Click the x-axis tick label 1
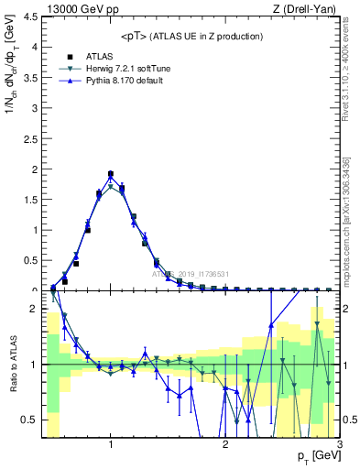pyautogui.click(x=111, y=445)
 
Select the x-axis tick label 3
pyautogui.click(x=340, y=445)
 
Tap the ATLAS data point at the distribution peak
pyautogui.click(x=111, y=174)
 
